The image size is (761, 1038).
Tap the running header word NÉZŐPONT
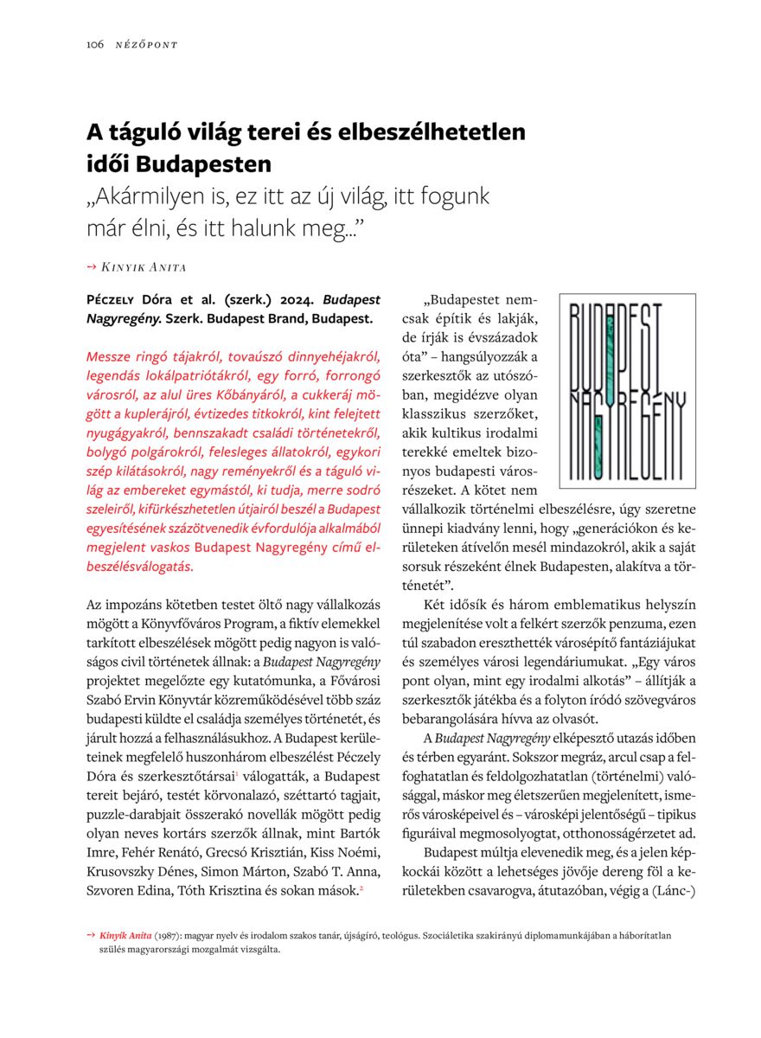click(x=146, y=45)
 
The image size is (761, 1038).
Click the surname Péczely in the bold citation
click(x=117, y=300)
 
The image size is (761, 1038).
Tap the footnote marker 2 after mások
click(x=360, y=886)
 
